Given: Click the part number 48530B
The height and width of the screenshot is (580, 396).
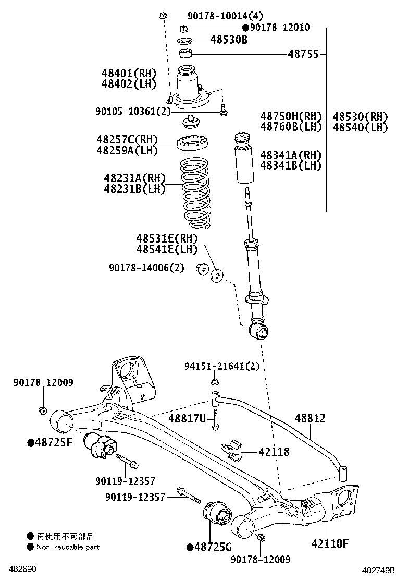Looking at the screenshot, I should coord(229,40).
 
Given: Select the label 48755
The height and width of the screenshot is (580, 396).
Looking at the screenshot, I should coord(304,54).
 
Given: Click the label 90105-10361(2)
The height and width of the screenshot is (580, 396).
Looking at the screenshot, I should coord(133,111).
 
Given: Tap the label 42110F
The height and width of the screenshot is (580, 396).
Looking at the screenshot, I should coord(329,543).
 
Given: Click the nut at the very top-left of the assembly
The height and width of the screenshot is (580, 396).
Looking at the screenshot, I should coord(163,15).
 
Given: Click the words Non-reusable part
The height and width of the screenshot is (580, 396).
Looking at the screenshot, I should coord(68,547).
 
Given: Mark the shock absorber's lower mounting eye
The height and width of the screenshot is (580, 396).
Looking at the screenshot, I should coord(258,330).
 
